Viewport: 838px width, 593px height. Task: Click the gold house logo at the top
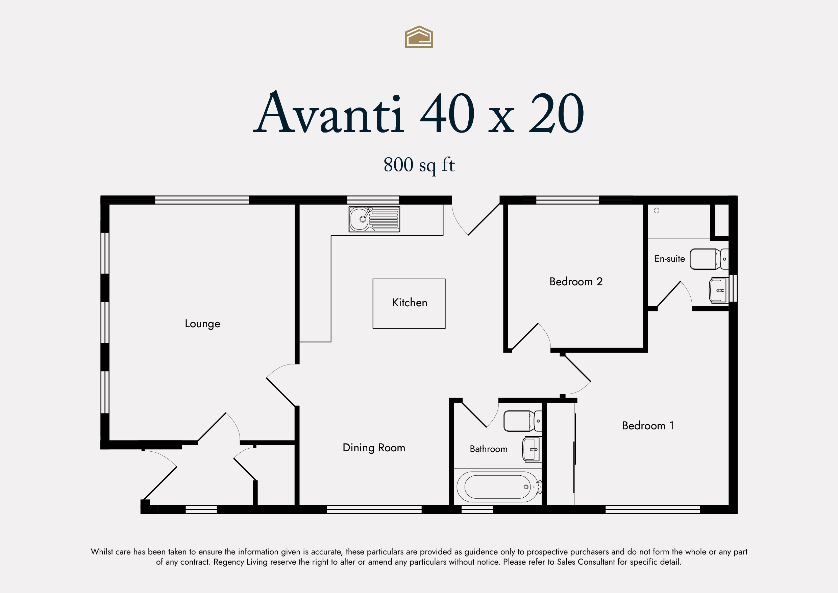[419, 37]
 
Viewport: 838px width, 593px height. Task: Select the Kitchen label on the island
[410, 303]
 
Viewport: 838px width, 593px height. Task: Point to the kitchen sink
[374, 219]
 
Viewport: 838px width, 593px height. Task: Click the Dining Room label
[374, 448]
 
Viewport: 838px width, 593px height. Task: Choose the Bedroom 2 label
[576, 282]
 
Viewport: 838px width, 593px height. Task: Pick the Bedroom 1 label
[648, 425]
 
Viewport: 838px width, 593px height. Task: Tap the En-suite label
[669, 259]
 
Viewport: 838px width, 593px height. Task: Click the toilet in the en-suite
[709, 259]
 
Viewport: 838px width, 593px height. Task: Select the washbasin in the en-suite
[718, 290]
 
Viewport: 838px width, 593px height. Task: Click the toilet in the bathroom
[522, 421]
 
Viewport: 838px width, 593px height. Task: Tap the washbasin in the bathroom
[532, 449]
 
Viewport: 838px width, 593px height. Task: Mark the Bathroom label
[488, 449]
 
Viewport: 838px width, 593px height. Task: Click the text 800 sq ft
[419, 165]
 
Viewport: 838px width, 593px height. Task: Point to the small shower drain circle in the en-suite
[656, 210]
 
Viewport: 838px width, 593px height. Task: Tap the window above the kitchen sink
[373, 200]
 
